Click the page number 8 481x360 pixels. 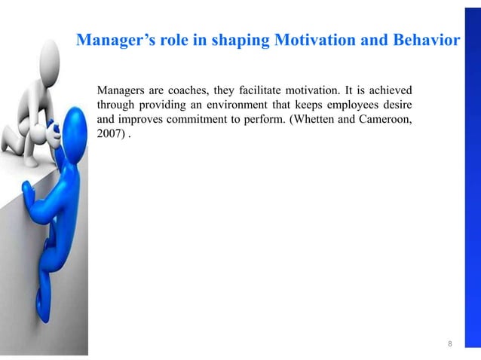450,344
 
